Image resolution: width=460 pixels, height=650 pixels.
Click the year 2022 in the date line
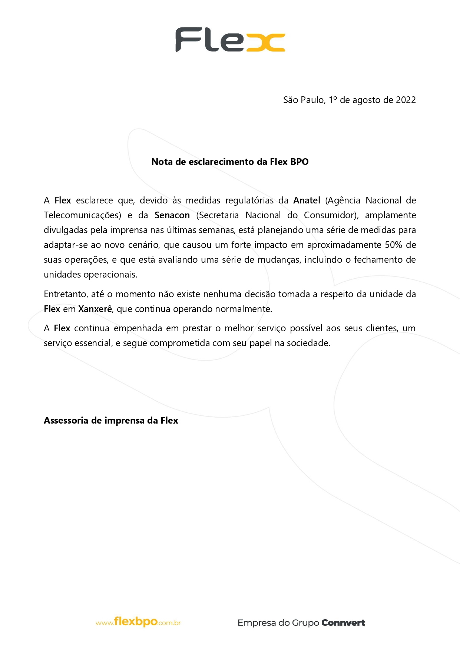pyautogui.click(x=406, y=100)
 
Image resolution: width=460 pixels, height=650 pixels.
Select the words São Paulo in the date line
pyautogui.click(x=304, y=100)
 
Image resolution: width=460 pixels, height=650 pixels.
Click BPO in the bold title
pyautogui.click(x=300, y=162)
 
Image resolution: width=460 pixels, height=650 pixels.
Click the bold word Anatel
pyautogui.click(x=307, y=200)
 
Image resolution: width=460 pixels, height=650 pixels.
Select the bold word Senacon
pyautogui.click(x=172, y=215)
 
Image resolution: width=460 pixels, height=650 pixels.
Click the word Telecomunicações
pyautogui.click(x=82, y=215)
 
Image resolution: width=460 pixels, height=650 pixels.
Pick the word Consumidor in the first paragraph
pyautogui.click(x=330, y=215)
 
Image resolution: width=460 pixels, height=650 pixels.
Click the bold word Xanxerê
pyautogui.click(x=95, y=309)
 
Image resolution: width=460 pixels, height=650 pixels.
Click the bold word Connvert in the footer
pyautogui.click(x=343, y=623)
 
